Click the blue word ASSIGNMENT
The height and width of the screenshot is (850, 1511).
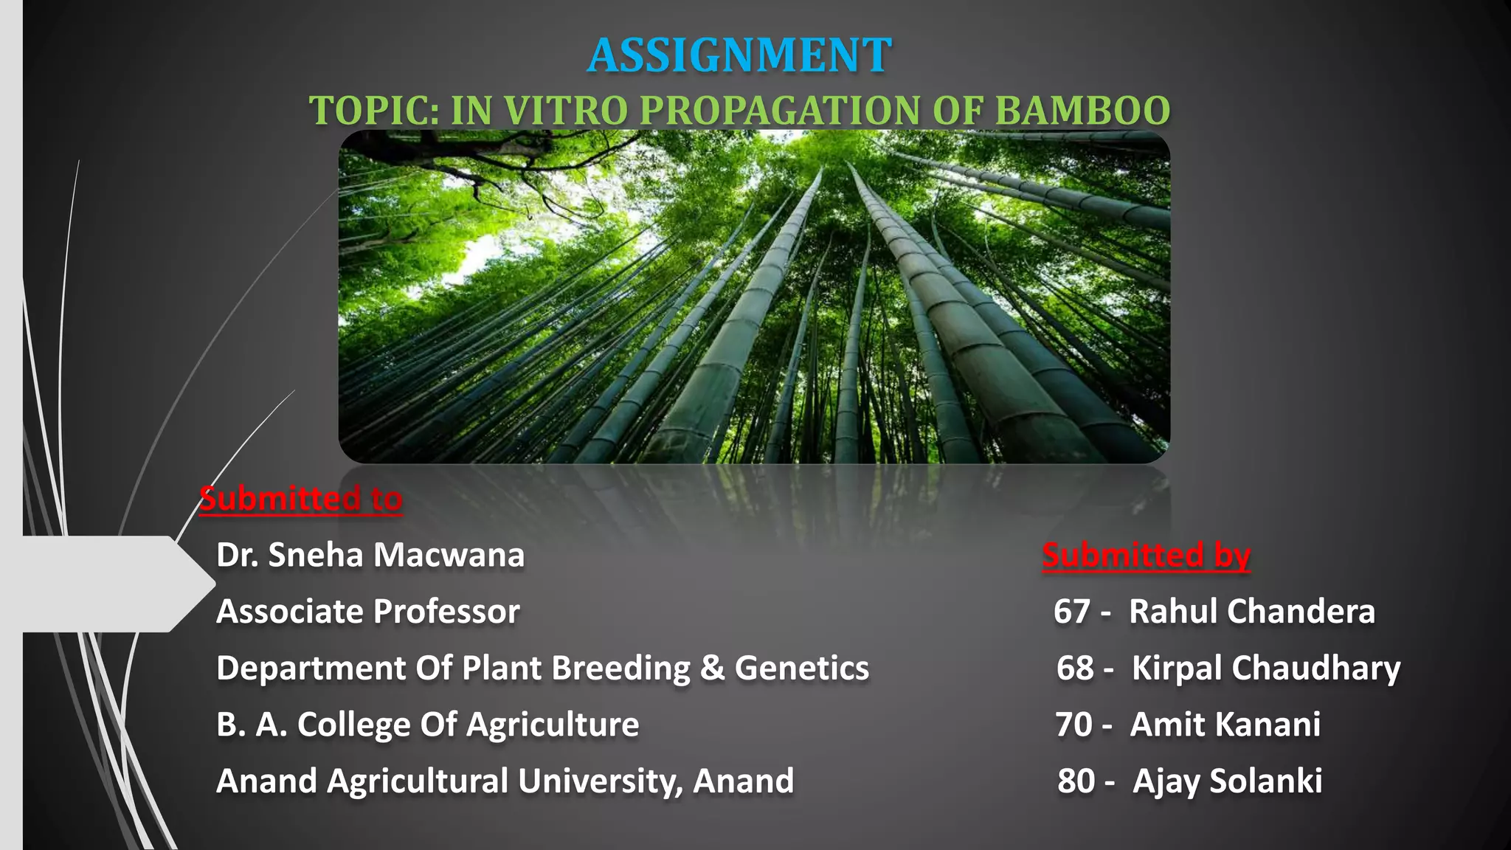pyautogui.click(x=739, y=55)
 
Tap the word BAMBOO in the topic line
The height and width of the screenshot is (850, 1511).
pyautogui.click(x=1082, y=111)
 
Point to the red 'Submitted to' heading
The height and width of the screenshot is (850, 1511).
pyautogui.click(x=301, y=499)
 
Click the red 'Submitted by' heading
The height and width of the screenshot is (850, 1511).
pyautogui.click(x=1146, y=555)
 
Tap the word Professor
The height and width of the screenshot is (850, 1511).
pyautogui.click(x=446, y=612)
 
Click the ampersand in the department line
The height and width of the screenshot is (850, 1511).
pyautogui.click(x=712, y=668)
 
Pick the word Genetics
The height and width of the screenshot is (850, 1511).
pyautogui.click(x=802, y=668)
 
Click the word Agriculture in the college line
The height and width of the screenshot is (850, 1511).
pyautogui.click(x=553, y=725)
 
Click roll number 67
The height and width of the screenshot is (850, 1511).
pyautogui.click(x=1072, y=612)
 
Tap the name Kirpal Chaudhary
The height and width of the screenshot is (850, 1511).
pyautogui.click(x=1266, y=668)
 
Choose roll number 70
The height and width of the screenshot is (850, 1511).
pyautogui.click(x=1073, y=725)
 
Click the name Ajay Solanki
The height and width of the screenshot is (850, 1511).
pyautogui.click(x=1228, y=781)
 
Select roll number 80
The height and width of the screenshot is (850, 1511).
pyautogui.click(x=1076, y=781)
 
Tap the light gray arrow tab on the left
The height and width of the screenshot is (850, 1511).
pyautogui.click(x=111, y=584)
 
